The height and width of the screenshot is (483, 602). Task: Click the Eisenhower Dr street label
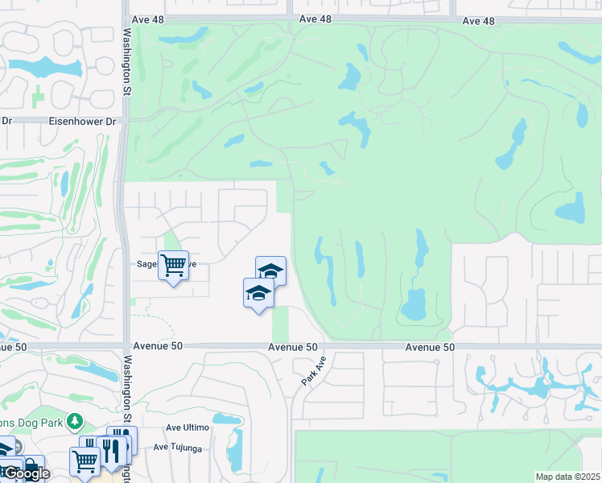click(x=83, y=121)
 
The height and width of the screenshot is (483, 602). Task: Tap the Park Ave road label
click(x=313, y=371)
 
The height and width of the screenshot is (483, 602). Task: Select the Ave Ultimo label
click(x=187, y=427)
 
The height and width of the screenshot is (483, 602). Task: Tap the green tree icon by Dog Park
click(x=75, y=420)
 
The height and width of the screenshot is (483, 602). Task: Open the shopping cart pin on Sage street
click(x=173, y=266)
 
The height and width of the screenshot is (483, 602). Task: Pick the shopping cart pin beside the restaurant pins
click(x=85, y=461)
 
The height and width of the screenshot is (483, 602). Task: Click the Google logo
click(x=26, y=473)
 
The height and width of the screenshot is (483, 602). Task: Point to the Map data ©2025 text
click(x=568, y=477)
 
